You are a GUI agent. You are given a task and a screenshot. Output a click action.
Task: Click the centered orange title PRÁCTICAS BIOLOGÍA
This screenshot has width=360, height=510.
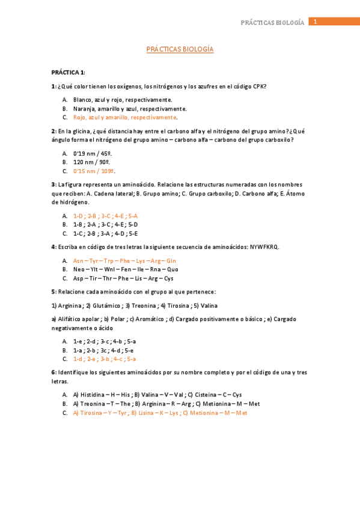click(180, 50)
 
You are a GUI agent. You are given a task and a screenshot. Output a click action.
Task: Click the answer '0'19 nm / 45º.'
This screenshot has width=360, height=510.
click(93, 153)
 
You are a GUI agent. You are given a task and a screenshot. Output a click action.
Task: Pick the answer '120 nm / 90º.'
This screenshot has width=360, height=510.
click(91, 162)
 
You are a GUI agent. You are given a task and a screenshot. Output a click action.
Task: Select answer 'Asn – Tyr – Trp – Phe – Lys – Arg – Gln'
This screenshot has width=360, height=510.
click(124, 261)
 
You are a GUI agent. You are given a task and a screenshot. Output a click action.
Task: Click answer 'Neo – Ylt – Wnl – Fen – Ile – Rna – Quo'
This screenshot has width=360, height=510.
click(126, 269)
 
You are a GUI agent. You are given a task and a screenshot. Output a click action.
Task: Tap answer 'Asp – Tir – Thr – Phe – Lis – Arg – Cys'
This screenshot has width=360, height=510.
click(123, 278)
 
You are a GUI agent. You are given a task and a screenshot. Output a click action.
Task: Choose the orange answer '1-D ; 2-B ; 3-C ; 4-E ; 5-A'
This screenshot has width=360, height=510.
click(105, 215)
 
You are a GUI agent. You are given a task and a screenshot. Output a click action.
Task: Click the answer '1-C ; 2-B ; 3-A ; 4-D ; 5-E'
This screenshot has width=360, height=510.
click(105, 233)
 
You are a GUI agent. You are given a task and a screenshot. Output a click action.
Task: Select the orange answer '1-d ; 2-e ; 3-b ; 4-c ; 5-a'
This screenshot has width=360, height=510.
click(105, 359)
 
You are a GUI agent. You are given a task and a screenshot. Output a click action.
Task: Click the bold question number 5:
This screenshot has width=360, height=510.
click(54, 292)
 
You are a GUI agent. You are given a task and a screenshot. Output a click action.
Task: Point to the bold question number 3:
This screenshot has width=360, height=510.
click(54, 184)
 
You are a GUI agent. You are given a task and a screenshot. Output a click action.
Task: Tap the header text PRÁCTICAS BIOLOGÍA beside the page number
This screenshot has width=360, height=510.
click(272, 22)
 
